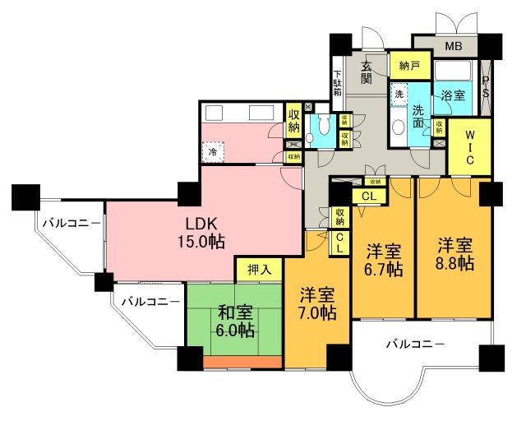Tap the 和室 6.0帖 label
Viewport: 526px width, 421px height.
click(x=235, y=321)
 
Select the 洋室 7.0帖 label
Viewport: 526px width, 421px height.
click(x=316, y=303)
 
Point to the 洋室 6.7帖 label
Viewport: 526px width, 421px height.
click(x=384, y=259)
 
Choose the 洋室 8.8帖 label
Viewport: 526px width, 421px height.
click(x=454, y=253)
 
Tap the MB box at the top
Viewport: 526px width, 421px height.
click(x=454, y=46)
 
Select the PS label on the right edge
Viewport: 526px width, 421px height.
click(x=486, y=86)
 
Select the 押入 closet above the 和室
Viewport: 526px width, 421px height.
click(x=259, y=269)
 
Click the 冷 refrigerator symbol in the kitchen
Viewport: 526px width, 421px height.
click(x=213, y=151)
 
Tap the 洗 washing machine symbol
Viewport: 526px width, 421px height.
click(x=399, y=94)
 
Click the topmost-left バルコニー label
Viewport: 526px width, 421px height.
click(x=72, y=224)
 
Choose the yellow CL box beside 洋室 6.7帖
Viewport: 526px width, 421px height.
click(x=368, y=196)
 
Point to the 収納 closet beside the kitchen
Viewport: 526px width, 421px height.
click(x=294, y=121)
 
